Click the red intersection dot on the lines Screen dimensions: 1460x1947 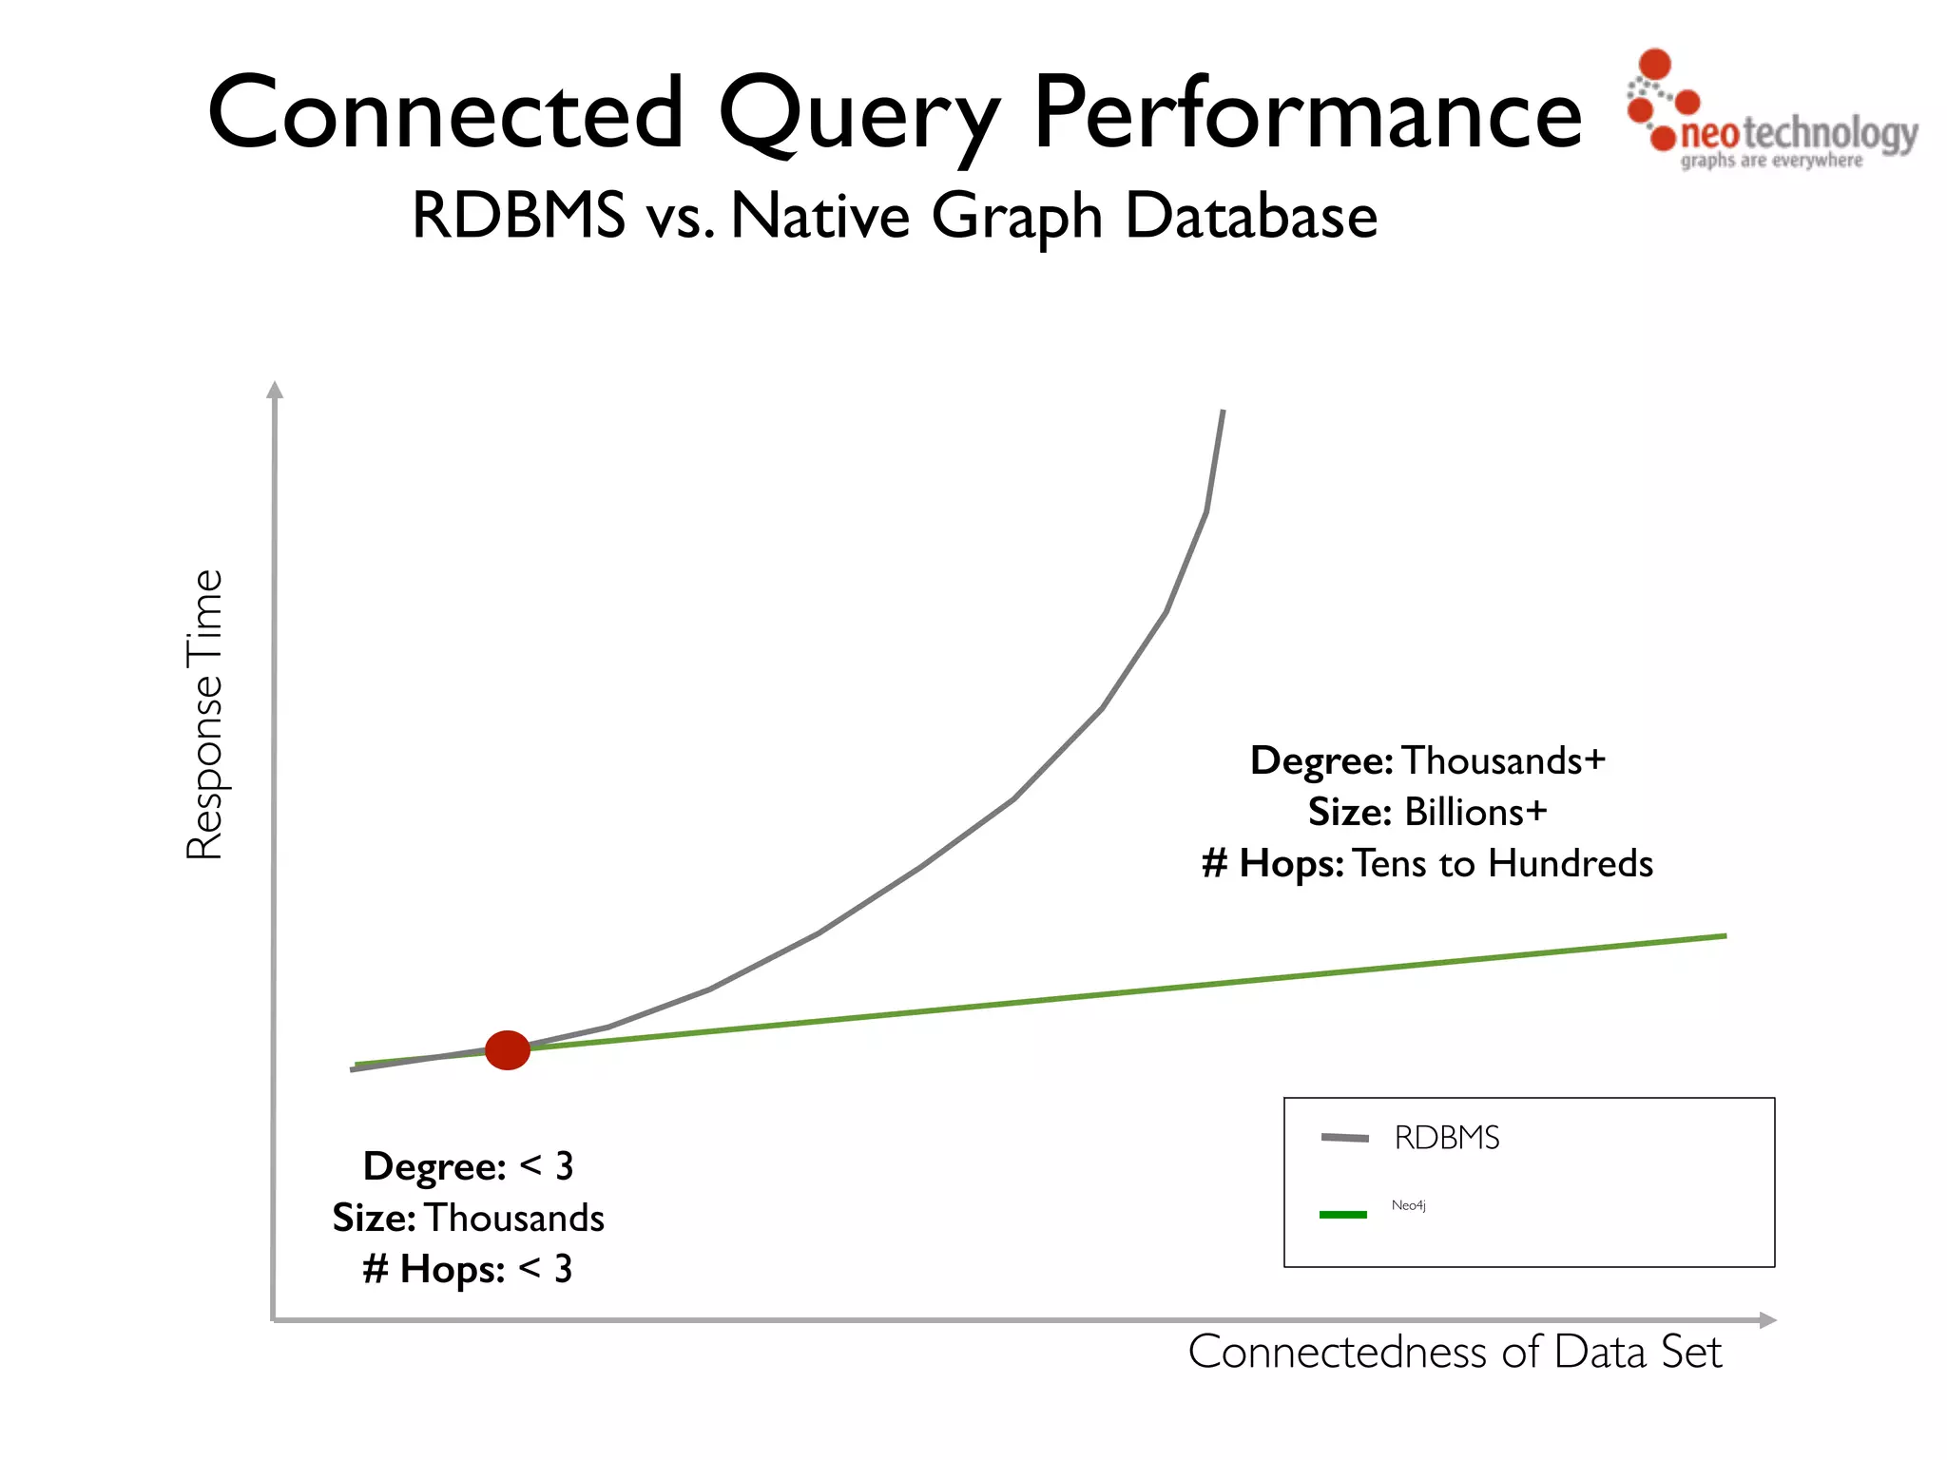tap(507, 1049)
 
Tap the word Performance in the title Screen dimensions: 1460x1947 tap(1307, 114)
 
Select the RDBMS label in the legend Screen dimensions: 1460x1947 tap(1446, 1137)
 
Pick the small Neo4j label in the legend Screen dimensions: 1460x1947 tap(1408, 1205)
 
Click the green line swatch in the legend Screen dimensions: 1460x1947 tap(1343, 1215)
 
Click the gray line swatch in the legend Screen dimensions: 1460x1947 tap(1344, 1138)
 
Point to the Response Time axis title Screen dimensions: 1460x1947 tap(204, 715)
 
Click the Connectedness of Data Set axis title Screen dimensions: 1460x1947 tap(1455, 1352)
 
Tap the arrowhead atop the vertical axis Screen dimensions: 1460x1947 tap(275, 389)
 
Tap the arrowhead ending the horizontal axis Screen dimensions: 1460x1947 tap(1768, 1320)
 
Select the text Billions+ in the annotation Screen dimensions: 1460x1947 tap(1475, 812)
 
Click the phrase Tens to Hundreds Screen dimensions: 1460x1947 tap(1503, 863)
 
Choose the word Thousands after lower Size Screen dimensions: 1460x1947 tap(514, 1218)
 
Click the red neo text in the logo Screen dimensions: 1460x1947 tap(1709, 134)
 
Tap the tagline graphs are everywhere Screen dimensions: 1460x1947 tap(1771, 161)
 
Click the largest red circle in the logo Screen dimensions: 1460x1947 tap(1655, 64)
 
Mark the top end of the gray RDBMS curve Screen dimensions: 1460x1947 tap(1223, 413)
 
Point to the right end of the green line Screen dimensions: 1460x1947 tap(1724, 936)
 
